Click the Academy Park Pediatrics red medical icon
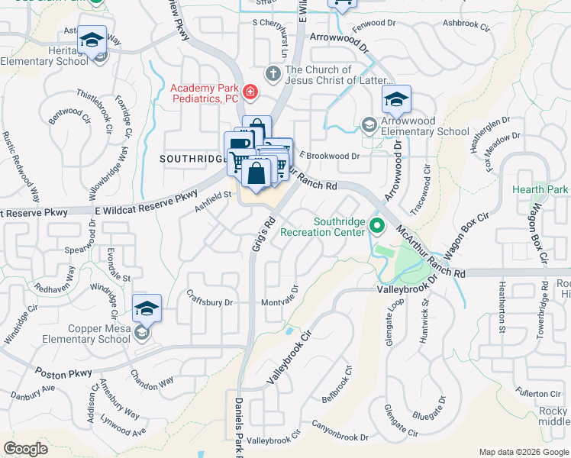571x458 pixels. [x=250, y=93]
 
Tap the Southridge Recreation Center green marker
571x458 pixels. [x=376, y=226]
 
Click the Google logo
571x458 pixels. [x=25, y=449]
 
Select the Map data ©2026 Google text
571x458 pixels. [x=522, y=452]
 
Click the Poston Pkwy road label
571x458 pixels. [x=63, y=372]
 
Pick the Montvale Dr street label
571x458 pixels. [x=279, y=302]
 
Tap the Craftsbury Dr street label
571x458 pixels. [x=210, y=302]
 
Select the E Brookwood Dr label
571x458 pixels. [x=330, y=156]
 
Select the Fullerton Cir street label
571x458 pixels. [x=537, y=393]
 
